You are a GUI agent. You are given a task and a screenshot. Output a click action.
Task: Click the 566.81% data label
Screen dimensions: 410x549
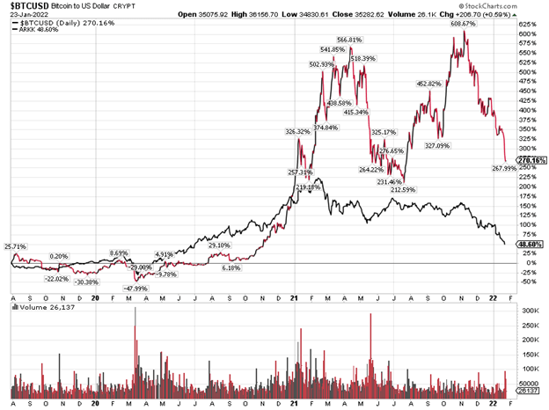pyautogui.click(x=349, y=40)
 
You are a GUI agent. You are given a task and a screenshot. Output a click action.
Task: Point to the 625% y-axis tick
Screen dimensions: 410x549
pyautogui.click(x=529, y=24)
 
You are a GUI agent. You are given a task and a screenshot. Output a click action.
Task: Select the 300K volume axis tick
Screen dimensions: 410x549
pyautogui.click(x=530, y=311)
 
